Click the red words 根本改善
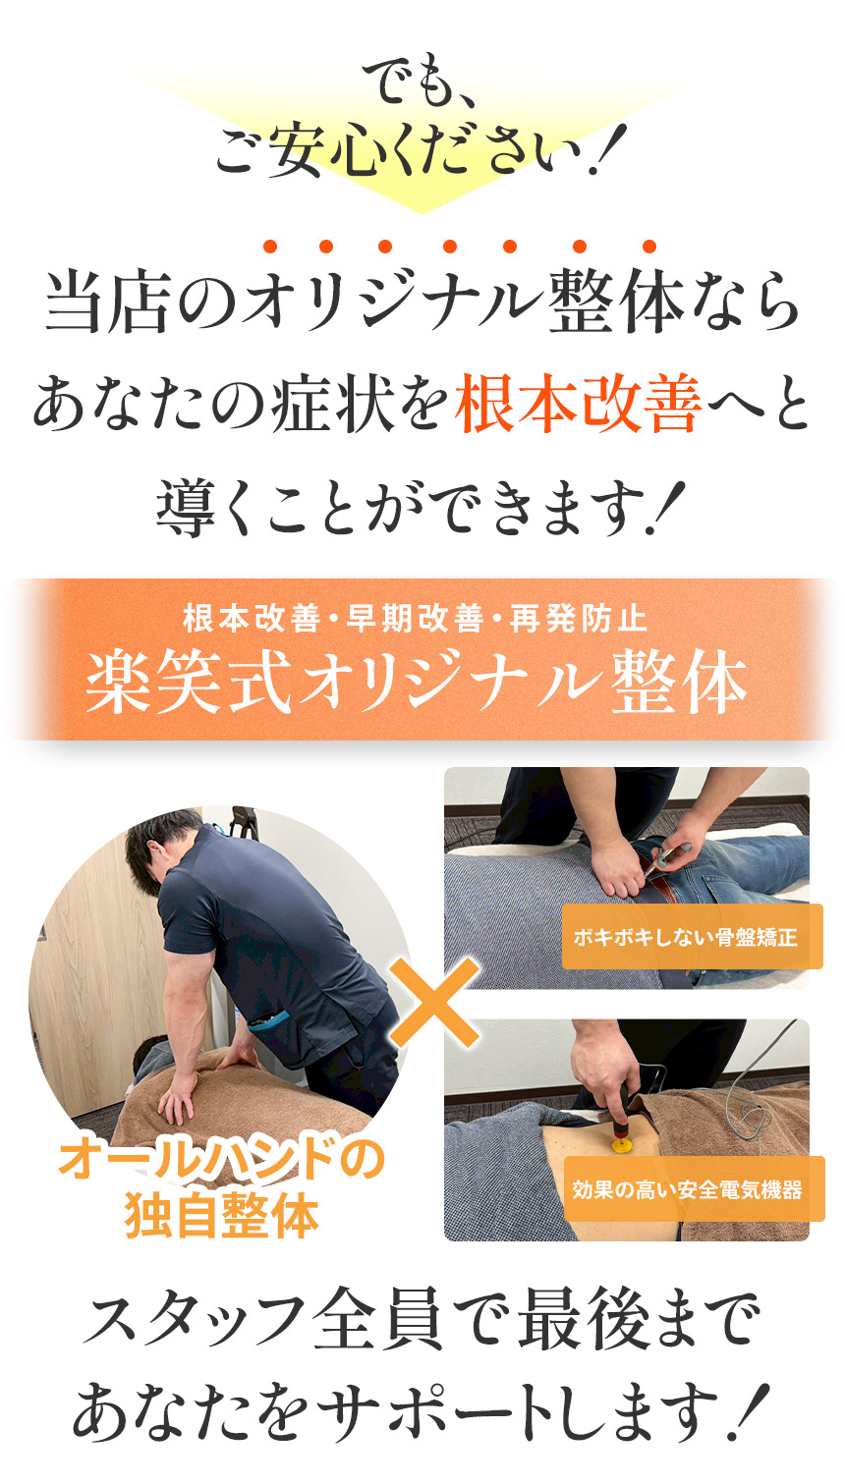point(578,406)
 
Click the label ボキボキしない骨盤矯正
point(685,937)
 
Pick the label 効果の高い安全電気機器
point(688,1189)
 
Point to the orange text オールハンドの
point(221,1160)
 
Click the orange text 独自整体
point(222,1216)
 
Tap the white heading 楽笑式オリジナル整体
point(417,683)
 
